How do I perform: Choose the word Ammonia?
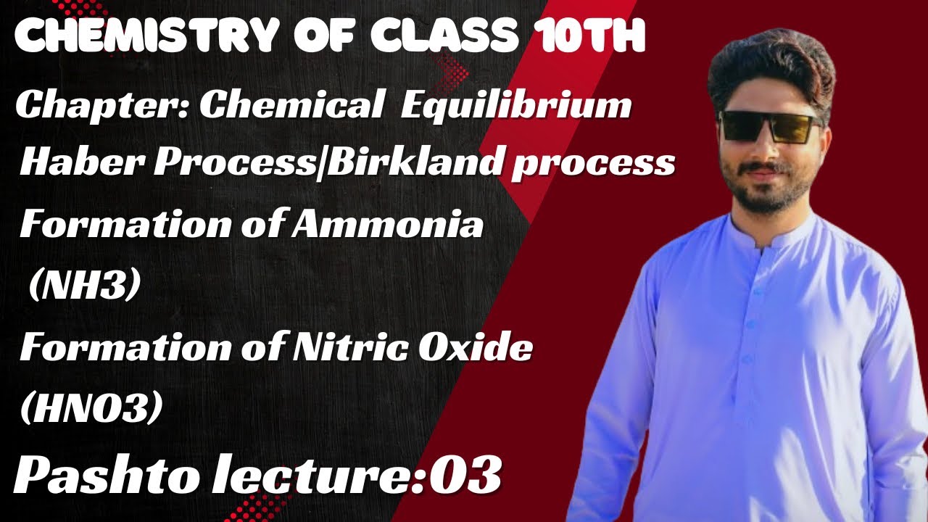pos(387,225)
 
